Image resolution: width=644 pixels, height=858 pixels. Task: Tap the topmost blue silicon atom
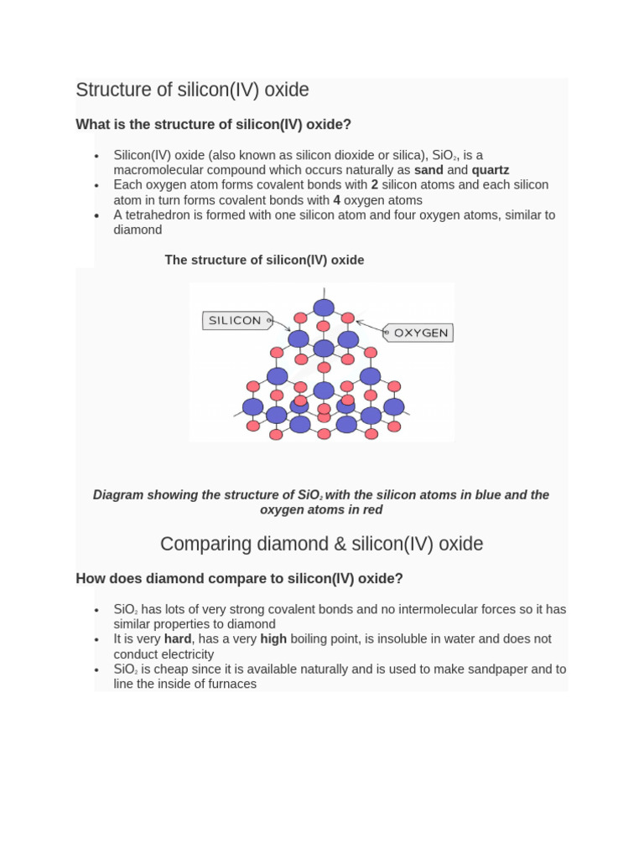click(x=324, y=308)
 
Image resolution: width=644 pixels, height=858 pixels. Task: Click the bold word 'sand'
click(x=428, y=170)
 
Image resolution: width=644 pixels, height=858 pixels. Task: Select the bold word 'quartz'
click(x=491, y=170)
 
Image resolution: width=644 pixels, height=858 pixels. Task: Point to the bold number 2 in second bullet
click(x=375, y=185)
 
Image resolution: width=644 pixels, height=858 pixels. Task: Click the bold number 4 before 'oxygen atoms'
click(x=336, y=200)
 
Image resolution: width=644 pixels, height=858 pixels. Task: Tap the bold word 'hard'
click(x=178, y=639)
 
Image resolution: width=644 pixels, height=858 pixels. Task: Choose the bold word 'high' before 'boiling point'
click(x=273, y=639)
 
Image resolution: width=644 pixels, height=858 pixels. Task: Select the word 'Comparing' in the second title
click(x=205, y=544)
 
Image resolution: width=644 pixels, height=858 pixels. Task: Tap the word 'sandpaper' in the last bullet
click(x=496, y=669)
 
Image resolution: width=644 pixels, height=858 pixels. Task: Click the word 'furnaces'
click(x=232, y=685)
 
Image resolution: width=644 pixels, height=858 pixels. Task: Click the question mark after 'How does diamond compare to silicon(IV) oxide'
click(x=399, y=579)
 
